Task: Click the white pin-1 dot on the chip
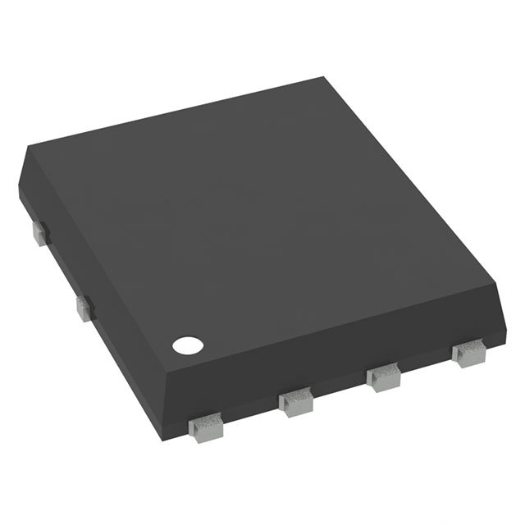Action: (185, 345)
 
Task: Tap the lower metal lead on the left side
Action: (84, 307)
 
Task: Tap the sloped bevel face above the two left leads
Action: (90, 262)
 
